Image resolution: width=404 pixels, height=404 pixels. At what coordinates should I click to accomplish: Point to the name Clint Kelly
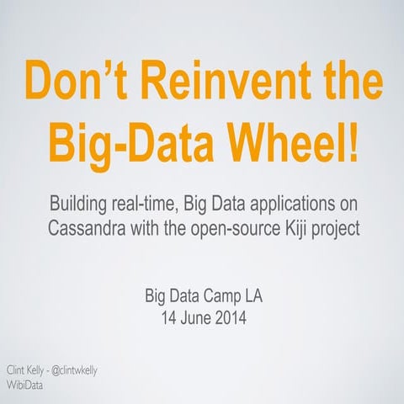coord(26,369)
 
